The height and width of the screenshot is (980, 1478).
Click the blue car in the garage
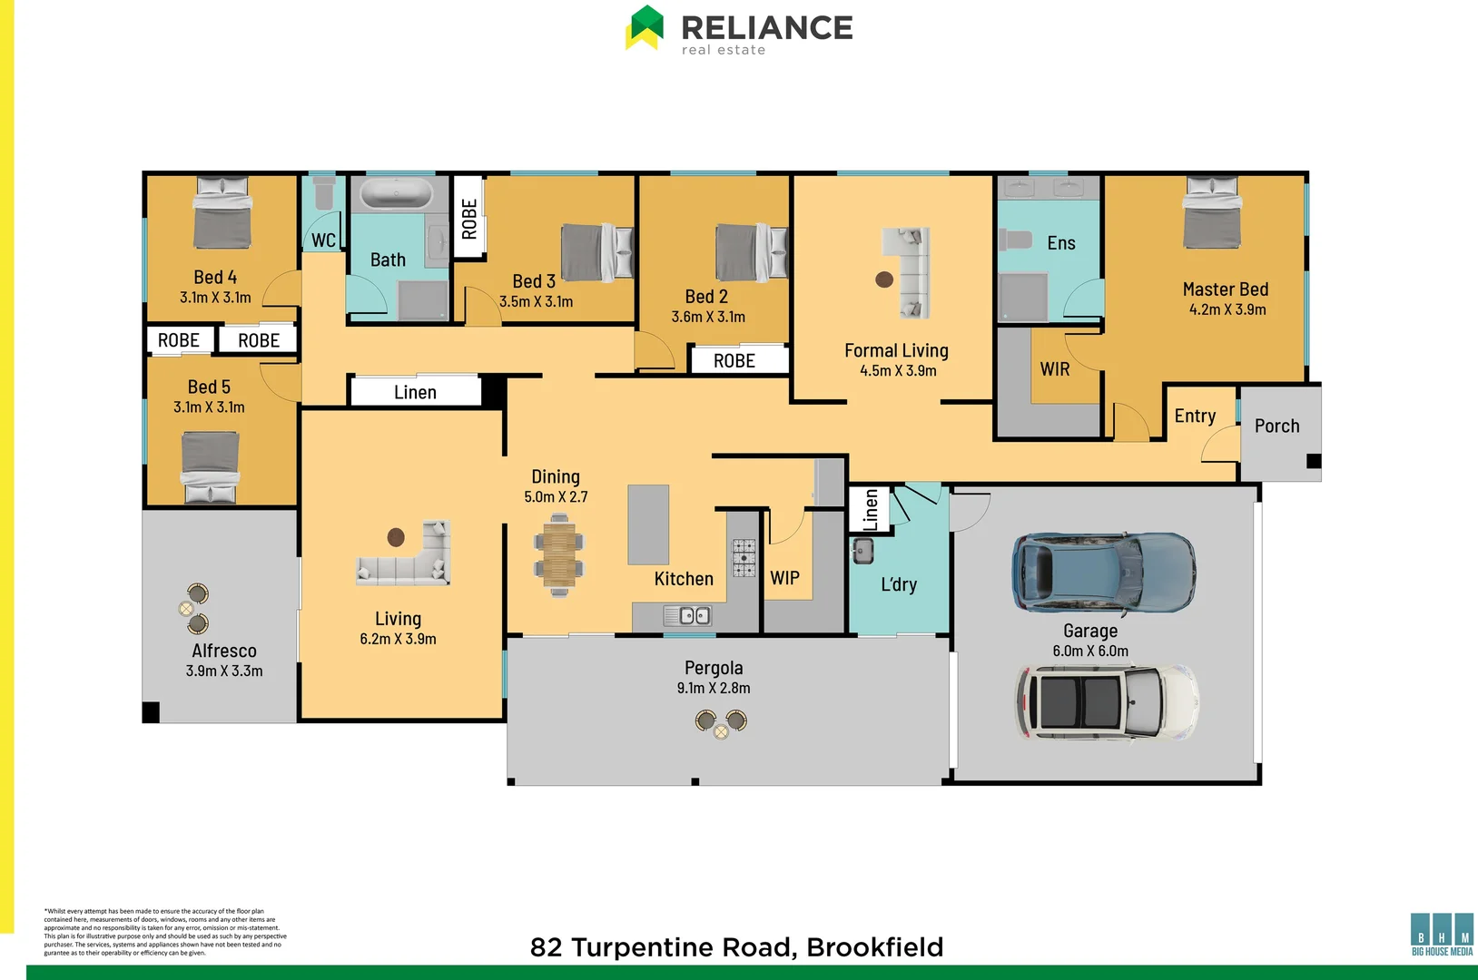1103,572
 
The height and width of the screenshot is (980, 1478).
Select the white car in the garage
1106,702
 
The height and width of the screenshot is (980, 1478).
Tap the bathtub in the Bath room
397,194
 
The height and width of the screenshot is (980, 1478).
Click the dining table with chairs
559,555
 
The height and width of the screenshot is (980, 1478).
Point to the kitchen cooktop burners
744,557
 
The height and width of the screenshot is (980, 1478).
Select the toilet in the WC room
323,192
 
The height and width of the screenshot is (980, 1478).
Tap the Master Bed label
1225,289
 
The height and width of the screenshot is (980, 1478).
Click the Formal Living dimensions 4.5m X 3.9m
897,370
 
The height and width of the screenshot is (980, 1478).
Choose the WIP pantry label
784,578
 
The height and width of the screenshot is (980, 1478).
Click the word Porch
1276,426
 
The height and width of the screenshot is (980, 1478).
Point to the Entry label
1194,416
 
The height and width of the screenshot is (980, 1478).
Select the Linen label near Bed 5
415,392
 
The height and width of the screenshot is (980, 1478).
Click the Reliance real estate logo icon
645,27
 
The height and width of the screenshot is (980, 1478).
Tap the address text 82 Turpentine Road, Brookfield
736,947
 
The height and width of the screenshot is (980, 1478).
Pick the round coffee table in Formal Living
884,279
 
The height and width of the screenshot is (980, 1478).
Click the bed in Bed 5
211,466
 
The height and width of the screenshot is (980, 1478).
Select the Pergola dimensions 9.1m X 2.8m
714,688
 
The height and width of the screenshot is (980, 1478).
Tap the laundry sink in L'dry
862,551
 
